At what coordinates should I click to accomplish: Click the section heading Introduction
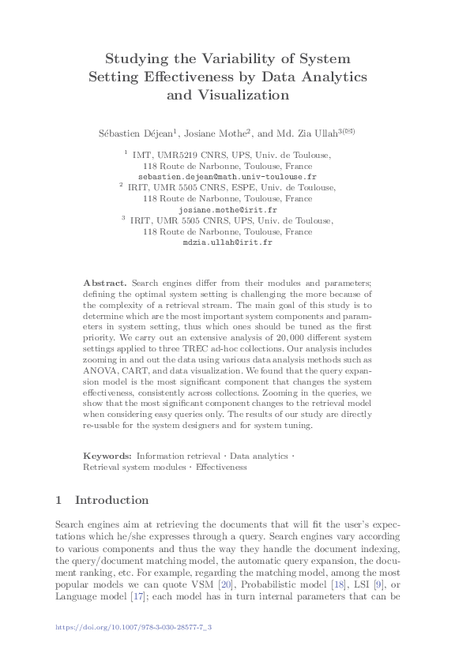[111, 500]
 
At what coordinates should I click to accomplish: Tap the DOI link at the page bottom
[133, 627]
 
